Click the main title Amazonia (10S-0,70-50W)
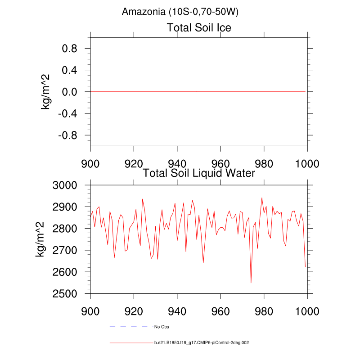[x=180, y=12]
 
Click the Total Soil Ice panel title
[x=199, y=28]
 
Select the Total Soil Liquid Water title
[x=199, y=173]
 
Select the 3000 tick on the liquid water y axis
[x=65, y=185]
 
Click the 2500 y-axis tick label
[x=65, y=294]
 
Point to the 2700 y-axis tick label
[x=65, y=250]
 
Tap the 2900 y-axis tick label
[x=65, y=207]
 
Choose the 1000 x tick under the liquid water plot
[x=307, y=310]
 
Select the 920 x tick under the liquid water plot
[x=134, y=310]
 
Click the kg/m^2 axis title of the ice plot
[x=45, y=92]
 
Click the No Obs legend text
[x=162, y=327]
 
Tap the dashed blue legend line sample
[x=129, y=326]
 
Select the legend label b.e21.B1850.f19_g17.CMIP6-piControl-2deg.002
[x=202, y=343]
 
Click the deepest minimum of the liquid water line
[x=251, y=283]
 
